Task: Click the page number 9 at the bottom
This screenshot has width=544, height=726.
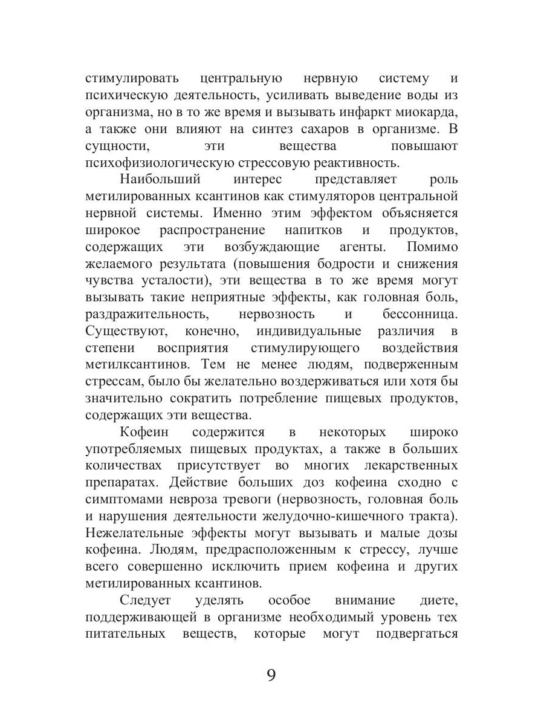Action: click(x=271, y=675)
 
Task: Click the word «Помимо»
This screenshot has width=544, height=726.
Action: click(x=432, y=247)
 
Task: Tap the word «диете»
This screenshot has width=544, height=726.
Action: click(x=437, y=601)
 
